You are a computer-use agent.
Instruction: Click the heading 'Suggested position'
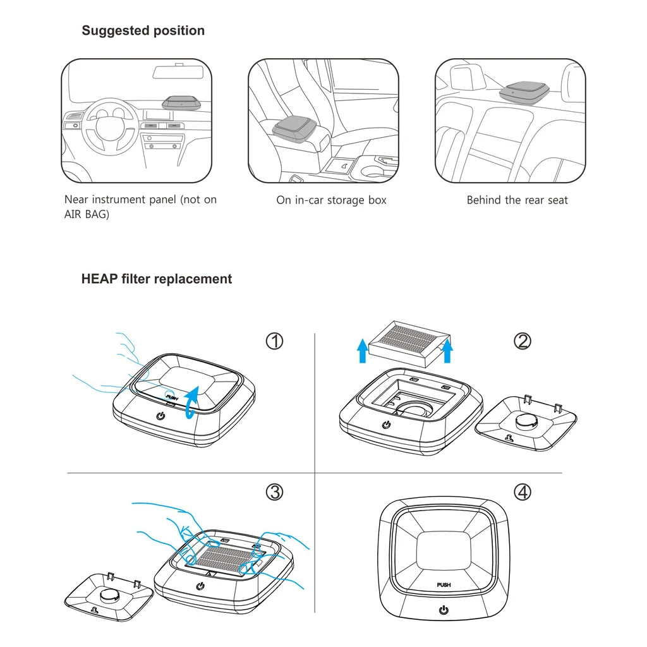(143, 30)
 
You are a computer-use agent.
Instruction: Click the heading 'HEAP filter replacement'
(156, 279)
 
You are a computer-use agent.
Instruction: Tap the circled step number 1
(274, 341)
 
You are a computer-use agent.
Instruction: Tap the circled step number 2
(523, 341)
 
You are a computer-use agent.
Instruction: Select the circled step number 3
(274, 492)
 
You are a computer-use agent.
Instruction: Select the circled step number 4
(523, 492)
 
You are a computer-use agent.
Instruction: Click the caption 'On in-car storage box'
(331, 200)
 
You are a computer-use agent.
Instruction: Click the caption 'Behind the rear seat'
(517, 200)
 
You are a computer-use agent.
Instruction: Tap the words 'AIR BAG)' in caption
(87, 215)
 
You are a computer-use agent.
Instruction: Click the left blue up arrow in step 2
(363, 351)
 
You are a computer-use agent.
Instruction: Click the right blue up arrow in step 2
(447, 351)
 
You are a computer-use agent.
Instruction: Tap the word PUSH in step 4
(444, 585)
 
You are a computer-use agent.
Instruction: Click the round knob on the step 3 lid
(111, 595)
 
